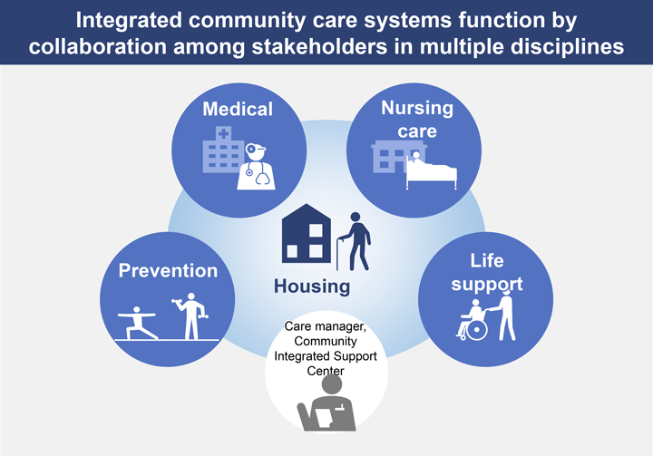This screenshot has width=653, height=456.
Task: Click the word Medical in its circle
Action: pos(238,109)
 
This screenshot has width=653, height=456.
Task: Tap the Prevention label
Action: pos(168,271)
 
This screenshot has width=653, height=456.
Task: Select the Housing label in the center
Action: pos(312,286)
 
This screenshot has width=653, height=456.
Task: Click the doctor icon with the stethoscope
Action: pos(256,167)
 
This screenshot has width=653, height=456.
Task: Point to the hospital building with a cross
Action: pos(222,150)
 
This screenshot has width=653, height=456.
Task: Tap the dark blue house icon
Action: pos(307,233)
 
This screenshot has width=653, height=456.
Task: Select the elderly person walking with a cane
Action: pos(354,241)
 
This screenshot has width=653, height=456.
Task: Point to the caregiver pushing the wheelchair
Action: pos(502,316)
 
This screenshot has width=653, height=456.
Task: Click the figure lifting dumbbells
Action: pos(190,316)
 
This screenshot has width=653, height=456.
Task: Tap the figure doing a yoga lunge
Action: pos(137,323)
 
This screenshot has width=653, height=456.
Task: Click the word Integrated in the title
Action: pos(129,20)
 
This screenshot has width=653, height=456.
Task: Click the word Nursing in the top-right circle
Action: pos(417,108)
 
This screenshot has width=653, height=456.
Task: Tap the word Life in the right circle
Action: pos(487,261)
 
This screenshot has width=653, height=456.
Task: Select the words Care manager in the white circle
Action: pos(326,326)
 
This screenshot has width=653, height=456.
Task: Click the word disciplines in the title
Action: pos(567,46)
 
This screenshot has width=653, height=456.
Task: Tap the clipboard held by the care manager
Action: pos(324,418)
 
